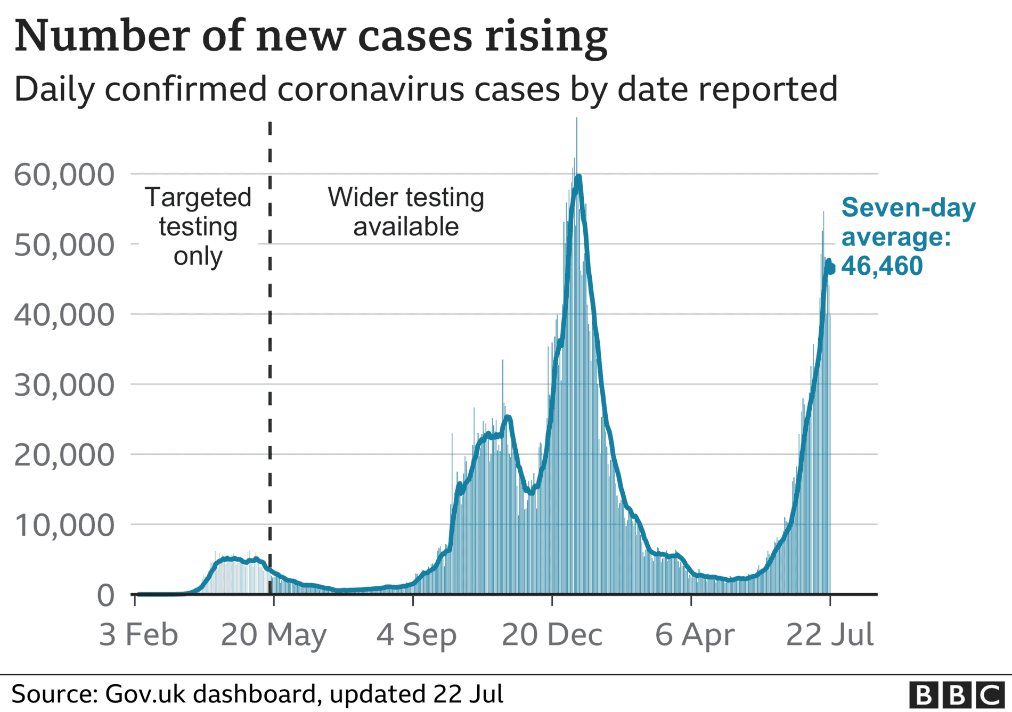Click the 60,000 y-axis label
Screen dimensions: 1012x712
(x=64, y=175)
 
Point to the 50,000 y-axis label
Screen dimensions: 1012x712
(x=64, y=245)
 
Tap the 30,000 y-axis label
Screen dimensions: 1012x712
(x=64, y=385)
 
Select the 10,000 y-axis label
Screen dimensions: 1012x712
(x=64, y=525)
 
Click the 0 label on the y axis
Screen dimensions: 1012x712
(x=105, y=595)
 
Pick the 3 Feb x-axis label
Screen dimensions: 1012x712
(x=138, y=635)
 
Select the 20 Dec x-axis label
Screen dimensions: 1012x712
(x=552, y=635)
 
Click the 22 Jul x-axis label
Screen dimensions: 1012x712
(x=830, y=635)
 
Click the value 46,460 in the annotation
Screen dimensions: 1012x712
(x=882, y=266)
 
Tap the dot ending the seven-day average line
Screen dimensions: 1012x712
(x=830, y=269)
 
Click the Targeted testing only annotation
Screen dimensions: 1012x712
(x=198, y=227)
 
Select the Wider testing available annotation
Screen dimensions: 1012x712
(x=406, y=212)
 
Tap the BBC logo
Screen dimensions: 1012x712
(x=957, y=695)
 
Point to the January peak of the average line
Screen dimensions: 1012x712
(x=578, y=176)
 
